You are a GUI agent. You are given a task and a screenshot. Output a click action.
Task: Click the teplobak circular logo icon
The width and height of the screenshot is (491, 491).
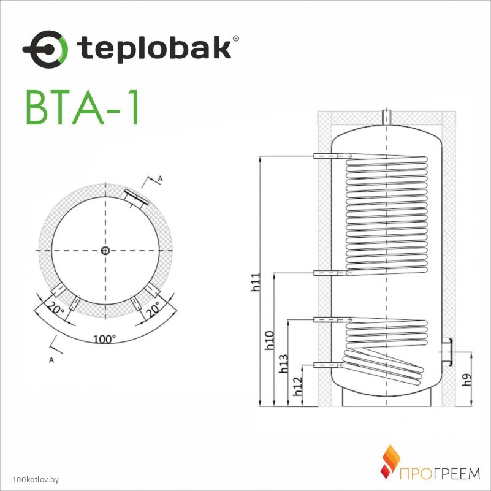(x=45, y=50)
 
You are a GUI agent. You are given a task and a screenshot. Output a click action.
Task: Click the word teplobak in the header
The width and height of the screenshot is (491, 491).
(x=154, y=47)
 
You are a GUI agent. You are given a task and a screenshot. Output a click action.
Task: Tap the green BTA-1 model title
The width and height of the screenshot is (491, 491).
(x=82, y=107)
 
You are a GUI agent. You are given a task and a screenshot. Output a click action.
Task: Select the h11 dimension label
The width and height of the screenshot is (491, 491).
(x=255, y=282)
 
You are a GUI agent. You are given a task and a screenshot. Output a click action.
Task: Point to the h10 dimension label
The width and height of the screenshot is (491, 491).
(x=269, y=340)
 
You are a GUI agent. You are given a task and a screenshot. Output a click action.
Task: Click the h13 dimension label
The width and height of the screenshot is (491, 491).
(x=283, y=363)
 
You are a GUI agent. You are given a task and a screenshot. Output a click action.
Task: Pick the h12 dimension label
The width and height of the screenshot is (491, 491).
(x=297, y=386)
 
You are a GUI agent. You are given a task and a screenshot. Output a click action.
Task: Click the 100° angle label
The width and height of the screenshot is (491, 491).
(x=105, y=339)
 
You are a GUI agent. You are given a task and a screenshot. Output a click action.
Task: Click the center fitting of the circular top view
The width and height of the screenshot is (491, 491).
(x=105, y=251)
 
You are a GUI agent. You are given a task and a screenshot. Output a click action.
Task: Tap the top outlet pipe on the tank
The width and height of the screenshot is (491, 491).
(x=387, y=117)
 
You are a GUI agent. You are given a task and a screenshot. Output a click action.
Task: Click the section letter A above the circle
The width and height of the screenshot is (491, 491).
(x=160, y=179)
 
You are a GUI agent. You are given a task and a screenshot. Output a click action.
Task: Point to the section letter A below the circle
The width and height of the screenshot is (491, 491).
(x=51, y=360)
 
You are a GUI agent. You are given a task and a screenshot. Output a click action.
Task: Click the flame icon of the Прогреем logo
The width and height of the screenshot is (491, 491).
(x=390, y=462)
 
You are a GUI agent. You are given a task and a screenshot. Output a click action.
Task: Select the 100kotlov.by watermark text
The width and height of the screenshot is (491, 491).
(x=36, y=480)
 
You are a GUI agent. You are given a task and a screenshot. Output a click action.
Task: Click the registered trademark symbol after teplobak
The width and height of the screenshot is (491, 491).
(x=236, y=39)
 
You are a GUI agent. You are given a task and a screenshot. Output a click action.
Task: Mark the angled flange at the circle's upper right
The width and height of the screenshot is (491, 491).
(x=135, y=198)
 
